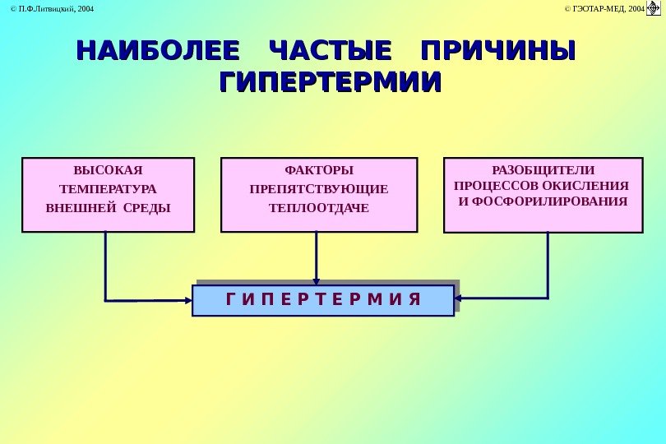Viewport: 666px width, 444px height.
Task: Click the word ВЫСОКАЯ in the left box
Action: [108, 171]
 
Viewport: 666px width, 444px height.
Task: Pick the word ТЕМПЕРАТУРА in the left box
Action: [108, 189]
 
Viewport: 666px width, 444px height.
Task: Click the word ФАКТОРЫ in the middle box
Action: [319, 171]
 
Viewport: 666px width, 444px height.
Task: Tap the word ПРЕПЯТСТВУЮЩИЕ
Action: [319, 189]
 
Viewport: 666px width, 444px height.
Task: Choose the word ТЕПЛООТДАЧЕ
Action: [319, 207]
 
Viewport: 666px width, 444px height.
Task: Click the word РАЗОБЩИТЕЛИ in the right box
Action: [542, 169]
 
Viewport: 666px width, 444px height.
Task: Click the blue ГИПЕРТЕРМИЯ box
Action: [323, 300]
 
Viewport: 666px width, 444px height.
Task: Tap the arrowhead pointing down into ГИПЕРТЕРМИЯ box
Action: [317, 280]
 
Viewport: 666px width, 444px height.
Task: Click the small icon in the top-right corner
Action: [655, 7]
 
